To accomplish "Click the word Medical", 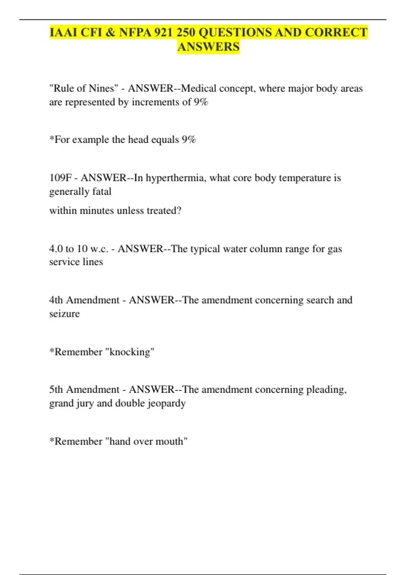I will pyautogui.click(x=199, y=89).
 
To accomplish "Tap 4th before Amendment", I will pyautogui.click(x=56, y=300).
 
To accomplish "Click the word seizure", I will pyautogui.click(x=64, y=314).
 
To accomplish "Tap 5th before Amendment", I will pyautogui.click(x=56, y=390).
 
